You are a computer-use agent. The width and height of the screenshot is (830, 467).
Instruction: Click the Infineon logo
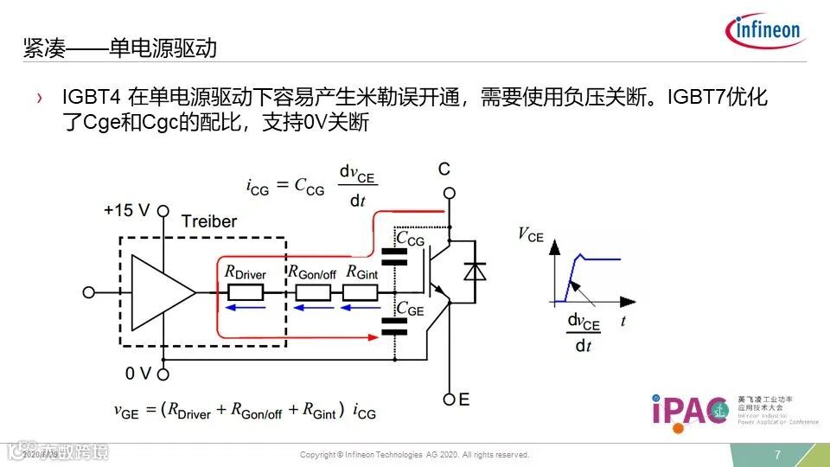pyautogui.click(x=766, y=32)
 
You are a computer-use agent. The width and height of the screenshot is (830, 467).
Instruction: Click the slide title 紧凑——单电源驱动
pyautogui.click(x=120, y=49)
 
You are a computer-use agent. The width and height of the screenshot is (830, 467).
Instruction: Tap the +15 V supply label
pyautogui.click(x=127, y=210)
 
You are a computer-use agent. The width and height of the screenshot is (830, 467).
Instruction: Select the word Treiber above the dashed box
pyautogui.click(x=208, y=221)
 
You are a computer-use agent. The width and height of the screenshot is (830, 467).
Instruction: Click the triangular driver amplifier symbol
pyautogui.click(x=161, y=291)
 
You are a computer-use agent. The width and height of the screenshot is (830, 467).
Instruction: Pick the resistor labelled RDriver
pyautogui.click(x=246, y=291)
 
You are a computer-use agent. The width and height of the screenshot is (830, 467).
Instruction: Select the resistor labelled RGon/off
pyautogui.click(x=312, y=291)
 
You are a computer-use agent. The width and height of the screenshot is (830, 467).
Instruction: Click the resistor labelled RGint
pyautogui.click(x=360, y=291)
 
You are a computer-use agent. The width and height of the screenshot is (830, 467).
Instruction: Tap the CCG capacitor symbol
pyautogui.click(x=393, y=256)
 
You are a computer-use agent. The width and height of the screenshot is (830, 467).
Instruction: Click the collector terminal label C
pyautogui.click(x=444, y=169)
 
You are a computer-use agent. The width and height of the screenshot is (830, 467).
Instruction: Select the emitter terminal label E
pyautogui.click(x=464, y=399)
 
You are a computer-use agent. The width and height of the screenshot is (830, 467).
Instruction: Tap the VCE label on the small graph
pyautogui.click(x=530, y=233)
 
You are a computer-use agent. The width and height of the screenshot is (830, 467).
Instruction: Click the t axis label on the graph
pyautogui.click(x=622, y=321)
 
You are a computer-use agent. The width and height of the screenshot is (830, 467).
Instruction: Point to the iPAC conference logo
pyautogui.click(x=690, y=410)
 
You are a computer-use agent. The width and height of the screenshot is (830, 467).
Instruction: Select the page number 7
pyautogui.click(x=777, y=455)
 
